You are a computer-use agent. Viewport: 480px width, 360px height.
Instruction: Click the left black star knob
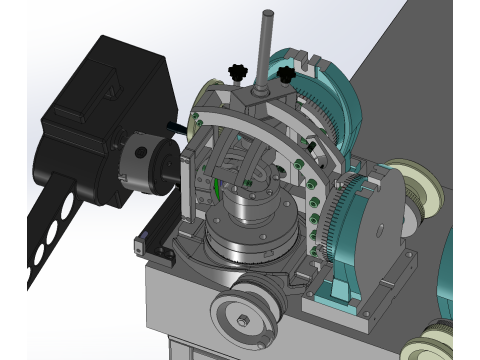237,72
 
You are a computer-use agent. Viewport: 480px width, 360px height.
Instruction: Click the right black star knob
288,75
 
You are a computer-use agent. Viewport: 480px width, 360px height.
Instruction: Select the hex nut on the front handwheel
242,321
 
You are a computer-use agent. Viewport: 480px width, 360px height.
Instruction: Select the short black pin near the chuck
176,127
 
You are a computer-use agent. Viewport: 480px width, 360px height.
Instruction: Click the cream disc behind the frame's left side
211,90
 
